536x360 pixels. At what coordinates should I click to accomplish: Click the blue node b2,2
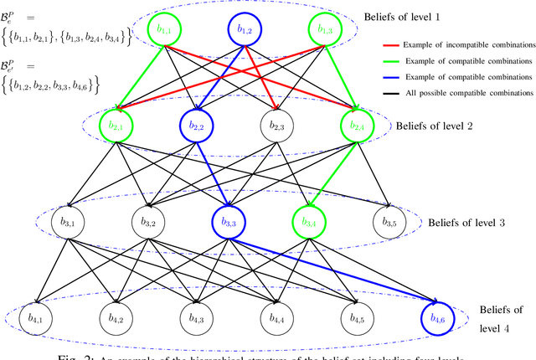tap(198, 126)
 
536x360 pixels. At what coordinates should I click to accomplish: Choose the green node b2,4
tap(358, 126)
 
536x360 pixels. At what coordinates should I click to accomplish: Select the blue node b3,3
tap(228, 223)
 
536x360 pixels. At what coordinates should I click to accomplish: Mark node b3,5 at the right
tap(387, 223)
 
